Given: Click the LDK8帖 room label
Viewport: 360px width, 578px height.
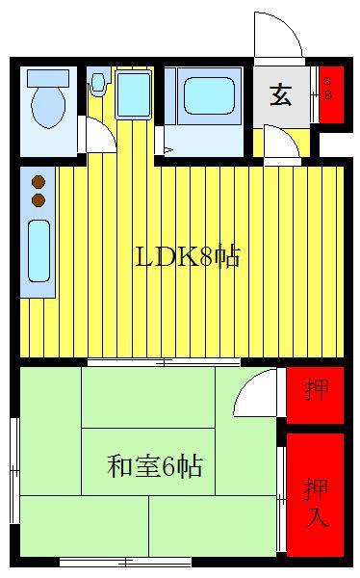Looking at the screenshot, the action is click(x=188, y=256).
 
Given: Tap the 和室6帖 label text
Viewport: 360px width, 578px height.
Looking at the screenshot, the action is click(x=155, y=466).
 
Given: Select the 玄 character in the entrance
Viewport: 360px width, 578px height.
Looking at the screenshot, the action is click(x=281, y=95).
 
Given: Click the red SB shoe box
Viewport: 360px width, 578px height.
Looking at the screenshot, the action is click(x=331, y=94).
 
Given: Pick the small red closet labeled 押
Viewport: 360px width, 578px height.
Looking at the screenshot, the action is click(x=315, y=395).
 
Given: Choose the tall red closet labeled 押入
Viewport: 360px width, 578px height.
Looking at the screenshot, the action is click(x=315, y=495).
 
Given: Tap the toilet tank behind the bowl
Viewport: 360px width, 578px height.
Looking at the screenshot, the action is click(x=48, y=79).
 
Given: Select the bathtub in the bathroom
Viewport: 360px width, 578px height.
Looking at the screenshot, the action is click(x=210, y=95).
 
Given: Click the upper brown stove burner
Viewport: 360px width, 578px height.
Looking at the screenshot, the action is click(x=39, y=182).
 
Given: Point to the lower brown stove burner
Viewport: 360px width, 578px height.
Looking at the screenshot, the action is click(x=39, y=200).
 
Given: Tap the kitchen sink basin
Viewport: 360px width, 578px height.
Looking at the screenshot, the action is click(x=39, y=251).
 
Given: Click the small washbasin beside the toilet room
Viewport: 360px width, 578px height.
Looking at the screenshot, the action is click(x=97, y=82).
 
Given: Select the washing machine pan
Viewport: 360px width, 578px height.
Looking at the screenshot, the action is click(x=134, y=93).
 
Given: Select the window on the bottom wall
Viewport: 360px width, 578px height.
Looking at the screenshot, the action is click(x=125, y=563).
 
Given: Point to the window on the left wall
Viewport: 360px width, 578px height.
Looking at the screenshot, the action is click(x=14, y=470).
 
